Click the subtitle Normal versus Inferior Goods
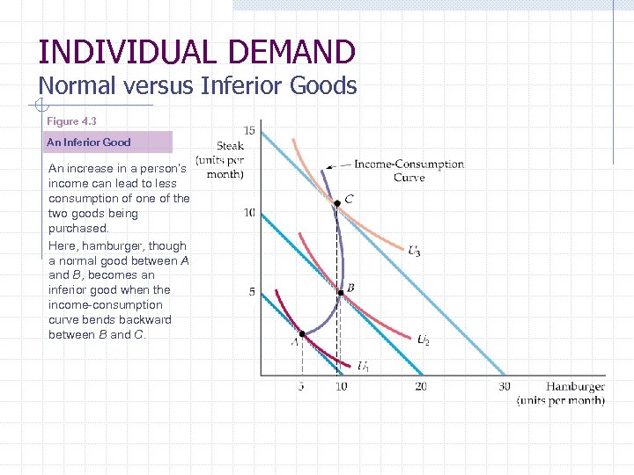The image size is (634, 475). pos(197,85)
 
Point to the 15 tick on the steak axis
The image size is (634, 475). pos(249,131)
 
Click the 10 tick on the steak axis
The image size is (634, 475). pos(249,212)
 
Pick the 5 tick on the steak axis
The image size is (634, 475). pos(252,292)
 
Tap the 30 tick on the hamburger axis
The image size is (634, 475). pos(504,386)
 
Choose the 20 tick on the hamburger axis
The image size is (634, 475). pos(421,386)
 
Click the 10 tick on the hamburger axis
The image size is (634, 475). pos(341,386)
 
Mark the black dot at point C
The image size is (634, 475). pos(336,203)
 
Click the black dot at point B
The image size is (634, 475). pos(341,293)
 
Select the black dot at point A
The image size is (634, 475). pos(301,334)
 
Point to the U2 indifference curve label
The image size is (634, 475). pos(423,340)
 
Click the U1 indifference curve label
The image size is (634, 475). pos(363,366)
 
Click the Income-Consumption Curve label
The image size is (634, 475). pos(409,171)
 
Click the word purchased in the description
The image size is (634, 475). pos(77,228)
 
